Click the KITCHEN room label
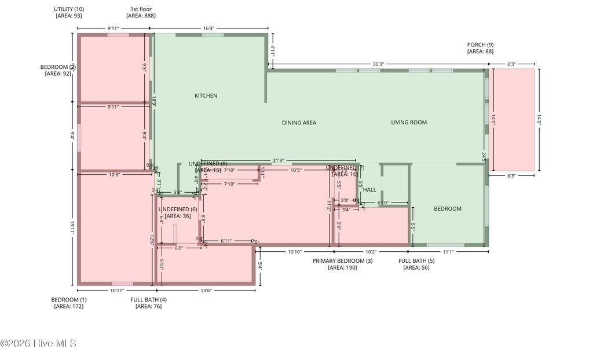206,95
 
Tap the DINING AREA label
299,123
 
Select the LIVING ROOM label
409,122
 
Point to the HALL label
369,190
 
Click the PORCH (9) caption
480,45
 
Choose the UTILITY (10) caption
69,9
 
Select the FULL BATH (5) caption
416,261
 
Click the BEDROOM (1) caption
69,299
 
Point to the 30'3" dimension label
378,64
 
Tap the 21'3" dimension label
278,161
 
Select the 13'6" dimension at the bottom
206,291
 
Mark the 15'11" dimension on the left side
73,227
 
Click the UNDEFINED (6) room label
178,210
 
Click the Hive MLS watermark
38,344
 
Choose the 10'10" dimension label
295,252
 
